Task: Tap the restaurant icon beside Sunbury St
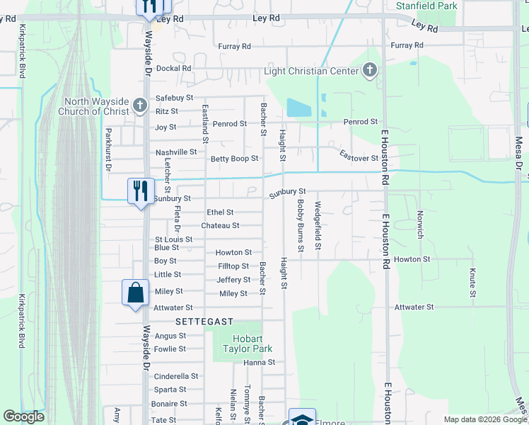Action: (141, 191)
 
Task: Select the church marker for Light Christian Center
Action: (369, 70)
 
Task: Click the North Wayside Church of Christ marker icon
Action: (140, 106)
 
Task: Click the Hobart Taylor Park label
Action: (243, 343)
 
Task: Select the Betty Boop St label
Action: (235, 159)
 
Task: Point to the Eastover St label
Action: (359, 157)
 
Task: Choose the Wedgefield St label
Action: (318, 226)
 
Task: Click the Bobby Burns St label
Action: (301, 226)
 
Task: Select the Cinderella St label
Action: (170, 376)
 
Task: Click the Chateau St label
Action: (220, 225)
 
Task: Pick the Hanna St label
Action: (259, 362)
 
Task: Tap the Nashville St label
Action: (176, 152)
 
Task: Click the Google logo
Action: (23, 416)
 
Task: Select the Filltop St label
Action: (233, 266)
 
